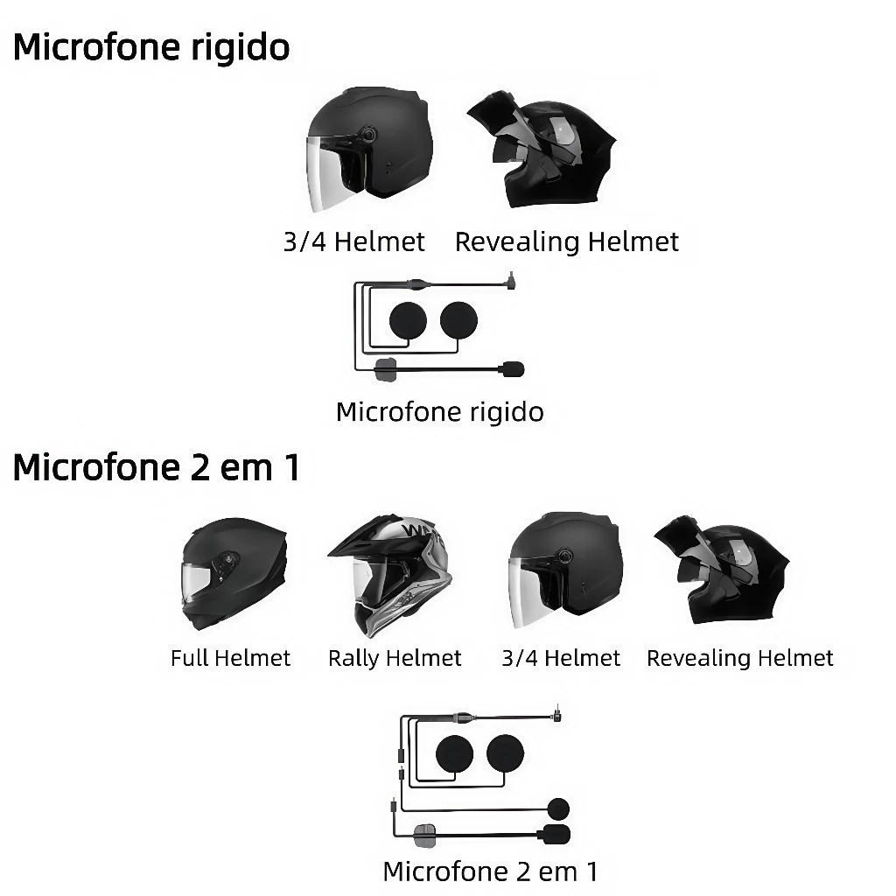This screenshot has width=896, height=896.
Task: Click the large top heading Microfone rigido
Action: click(x=150, y=46)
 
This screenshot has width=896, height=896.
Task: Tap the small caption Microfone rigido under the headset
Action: click(x=439, y=411)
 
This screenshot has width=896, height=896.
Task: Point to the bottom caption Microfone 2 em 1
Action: click(x=490, y=871)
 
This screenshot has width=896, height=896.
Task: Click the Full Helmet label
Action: click(x=230, y=658)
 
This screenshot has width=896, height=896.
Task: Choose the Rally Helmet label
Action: click(x=395, y=658)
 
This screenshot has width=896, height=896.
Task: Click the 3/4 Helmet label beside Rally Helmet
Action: click(x=561, y=658)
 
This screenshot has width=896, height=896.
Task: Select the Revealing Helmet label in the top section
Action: click(x=566, y=241)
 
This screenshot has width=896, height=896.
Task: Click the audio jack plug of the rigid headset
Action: click(x=509, y=283)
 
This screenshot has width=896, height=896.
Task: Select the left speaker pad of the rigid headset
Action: click(x=408, y=320)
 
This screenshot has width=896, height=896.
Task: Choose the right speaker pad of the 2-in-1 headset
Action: click(x=505, y=752)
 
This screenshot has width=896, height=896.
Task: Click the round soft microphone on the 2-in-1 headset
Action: click(x=557, y=808)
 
